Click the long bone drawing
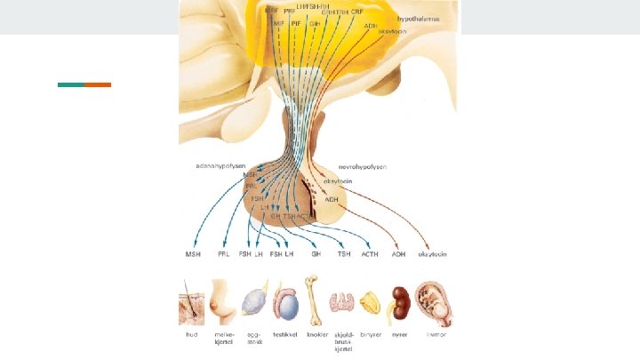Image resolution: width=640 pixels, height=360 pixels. pos(311,300)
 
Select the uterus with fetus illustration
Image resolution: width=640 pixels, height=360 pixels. pos(436,303)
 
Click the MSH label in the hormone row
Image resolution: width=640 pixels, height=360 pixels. pos(193,254)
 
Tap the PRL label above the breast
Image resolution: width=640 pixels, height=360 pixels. pos(224,254)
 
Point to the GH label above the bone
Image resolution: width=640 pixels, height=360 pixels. pos(316,254)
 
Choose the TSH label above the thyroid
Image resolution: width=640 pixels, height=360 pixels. pos(343,254)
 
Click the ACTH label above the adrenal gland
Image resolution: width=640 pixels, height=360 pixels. pos(370,254)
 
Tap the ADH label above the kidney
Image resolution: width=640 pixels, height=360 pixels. pos(398,254)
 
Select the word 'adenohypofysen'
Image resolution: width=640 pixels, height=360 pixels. pos(220,165)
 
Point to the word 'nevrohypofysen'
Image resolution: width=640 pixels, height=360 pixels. pos(363,166)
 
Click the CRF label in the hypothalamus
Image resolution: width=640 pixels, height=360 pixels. pos(356,12)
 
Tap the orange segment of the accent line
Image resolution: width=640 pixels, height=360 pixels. pos(98,85)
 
